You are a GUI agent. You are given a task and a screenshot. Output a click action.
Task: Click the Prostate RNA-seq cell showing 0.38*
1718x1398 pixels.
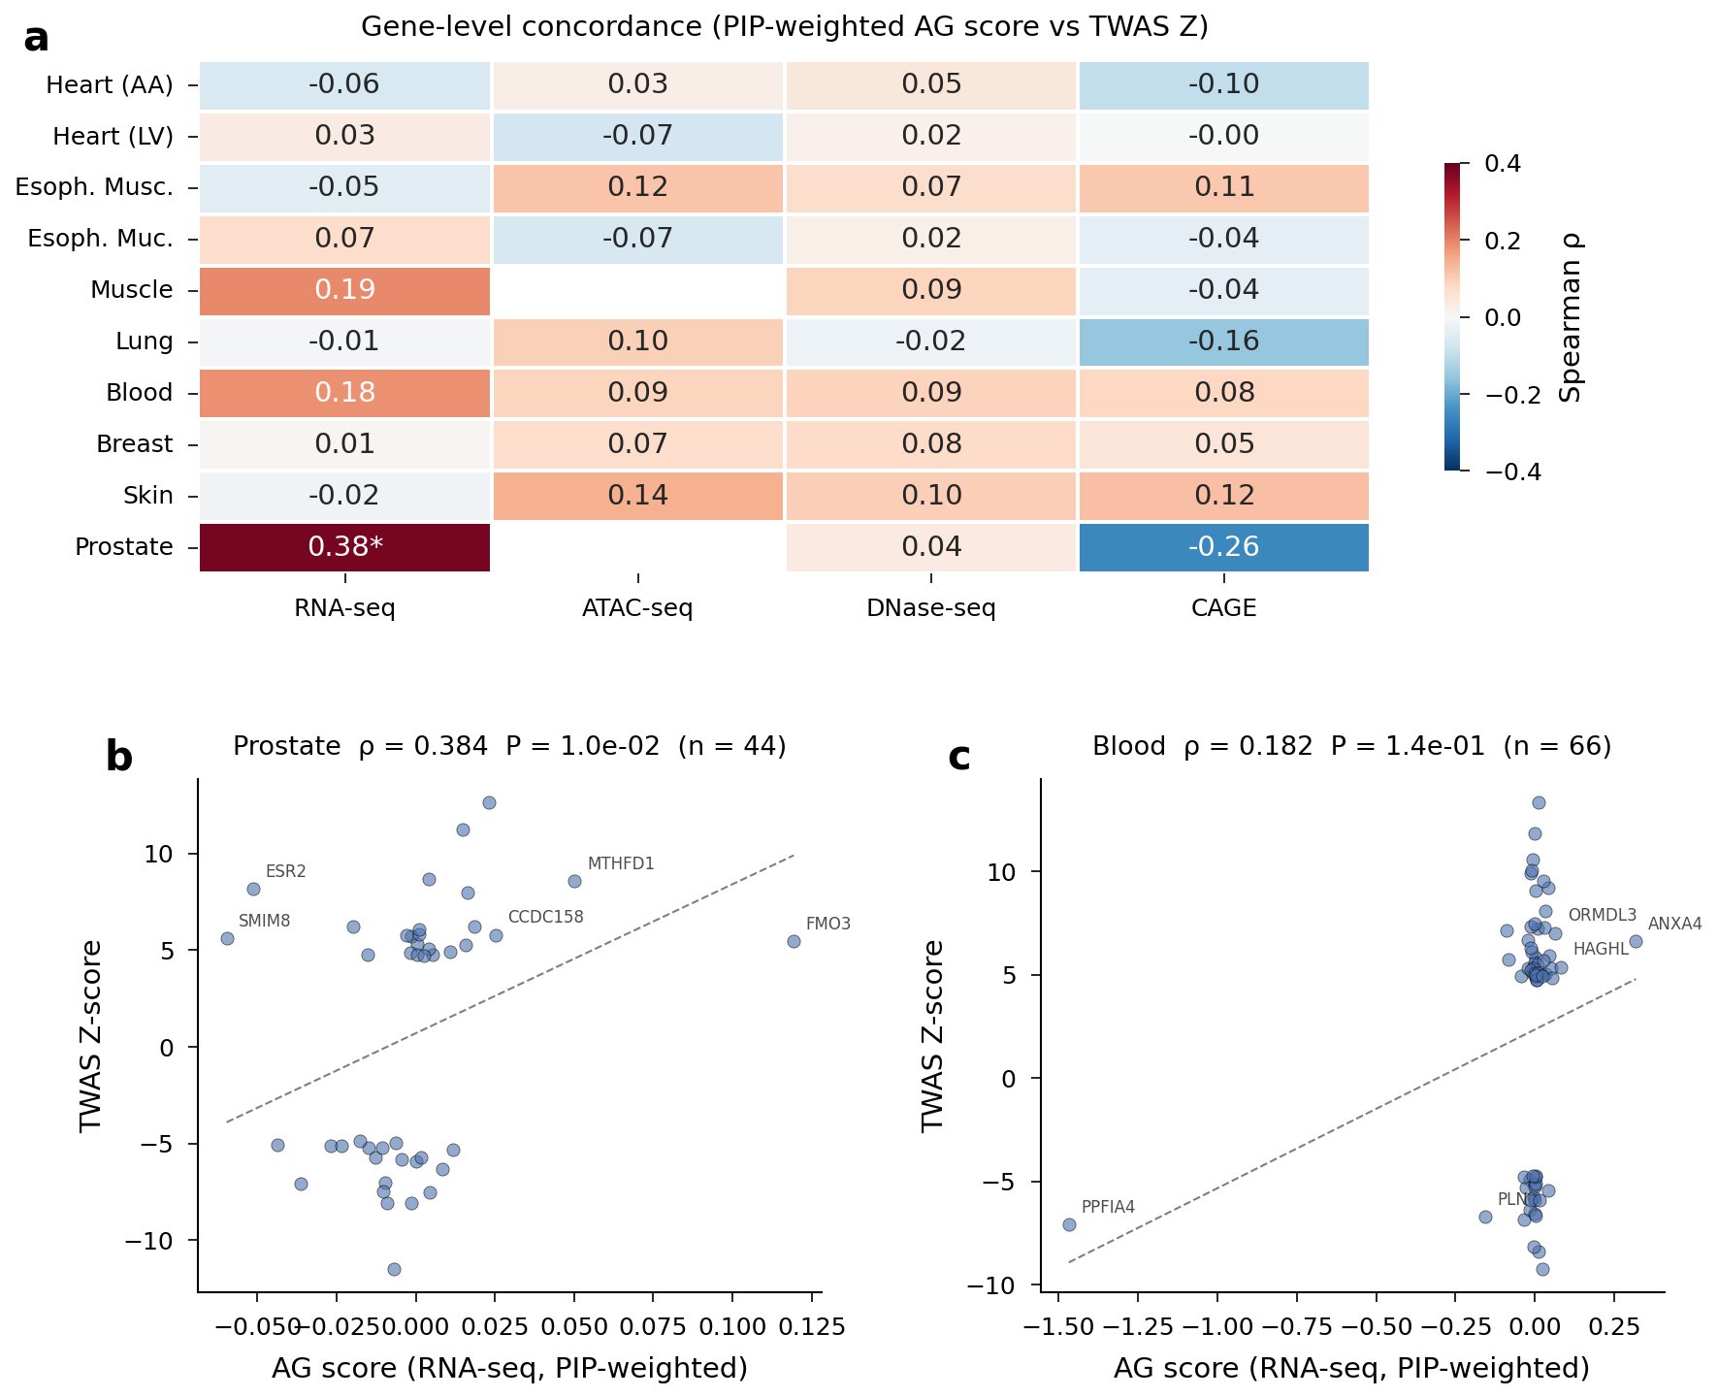(345, 547)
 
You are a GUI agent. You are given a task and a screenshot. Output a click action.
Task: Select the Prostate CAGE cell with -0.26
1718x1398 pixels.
(1223, 547)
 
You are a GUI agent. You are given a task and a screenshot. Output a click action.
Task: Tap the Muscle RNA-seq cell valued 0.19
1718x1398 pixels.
(345, 290)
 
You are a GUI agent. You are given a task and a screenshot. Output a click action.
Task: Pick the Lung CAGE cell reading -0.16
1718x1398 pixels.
(1223, 341)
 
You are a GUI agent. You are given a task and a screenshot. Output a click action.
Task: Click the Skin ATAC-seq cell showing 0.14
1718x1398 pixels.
(637, 496)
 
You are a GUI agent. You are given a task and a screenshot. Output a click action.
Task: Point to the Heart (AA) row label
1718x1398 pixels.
(110, 85)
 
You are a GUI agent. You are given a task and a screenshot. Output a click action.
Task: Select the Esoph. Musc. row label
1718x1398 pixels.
(94, 187)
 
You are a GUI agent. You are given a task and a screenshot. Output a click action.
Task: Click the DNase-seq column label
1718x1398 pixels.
(931, 609)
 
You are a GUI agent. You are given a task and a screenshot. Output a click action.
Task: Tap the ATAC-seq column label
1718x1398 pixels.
(637, 609)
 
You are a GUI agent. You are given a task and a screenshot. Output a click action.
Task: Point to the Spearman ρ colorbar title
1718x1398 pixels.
(1571, 318)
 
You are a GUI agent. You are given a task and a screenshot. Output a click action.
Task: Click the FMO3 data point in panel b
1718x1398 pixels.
(794, 941)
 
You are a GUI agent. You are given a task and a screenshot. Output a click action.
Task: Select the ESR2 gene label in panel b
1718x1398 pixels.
(286, 871)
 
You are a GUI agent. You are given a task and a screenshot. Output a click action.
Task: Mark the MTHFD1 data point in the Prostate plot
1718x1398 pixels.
(574, 881)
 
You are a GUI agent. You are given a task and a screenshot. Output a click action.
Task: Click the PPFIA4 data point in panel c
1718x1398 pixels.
(1069, 1224)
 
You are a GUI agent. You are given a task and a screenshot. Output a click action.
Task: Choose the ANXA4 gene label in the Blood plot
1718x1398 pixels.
(1674, 924)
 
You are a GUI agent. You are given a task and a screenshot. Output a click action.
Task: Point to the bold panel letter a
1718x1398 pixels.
(36, 39)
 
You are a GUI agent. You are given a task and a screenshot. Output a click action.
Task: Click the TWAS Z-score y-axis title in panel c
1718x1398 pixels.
(933, 1035)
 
